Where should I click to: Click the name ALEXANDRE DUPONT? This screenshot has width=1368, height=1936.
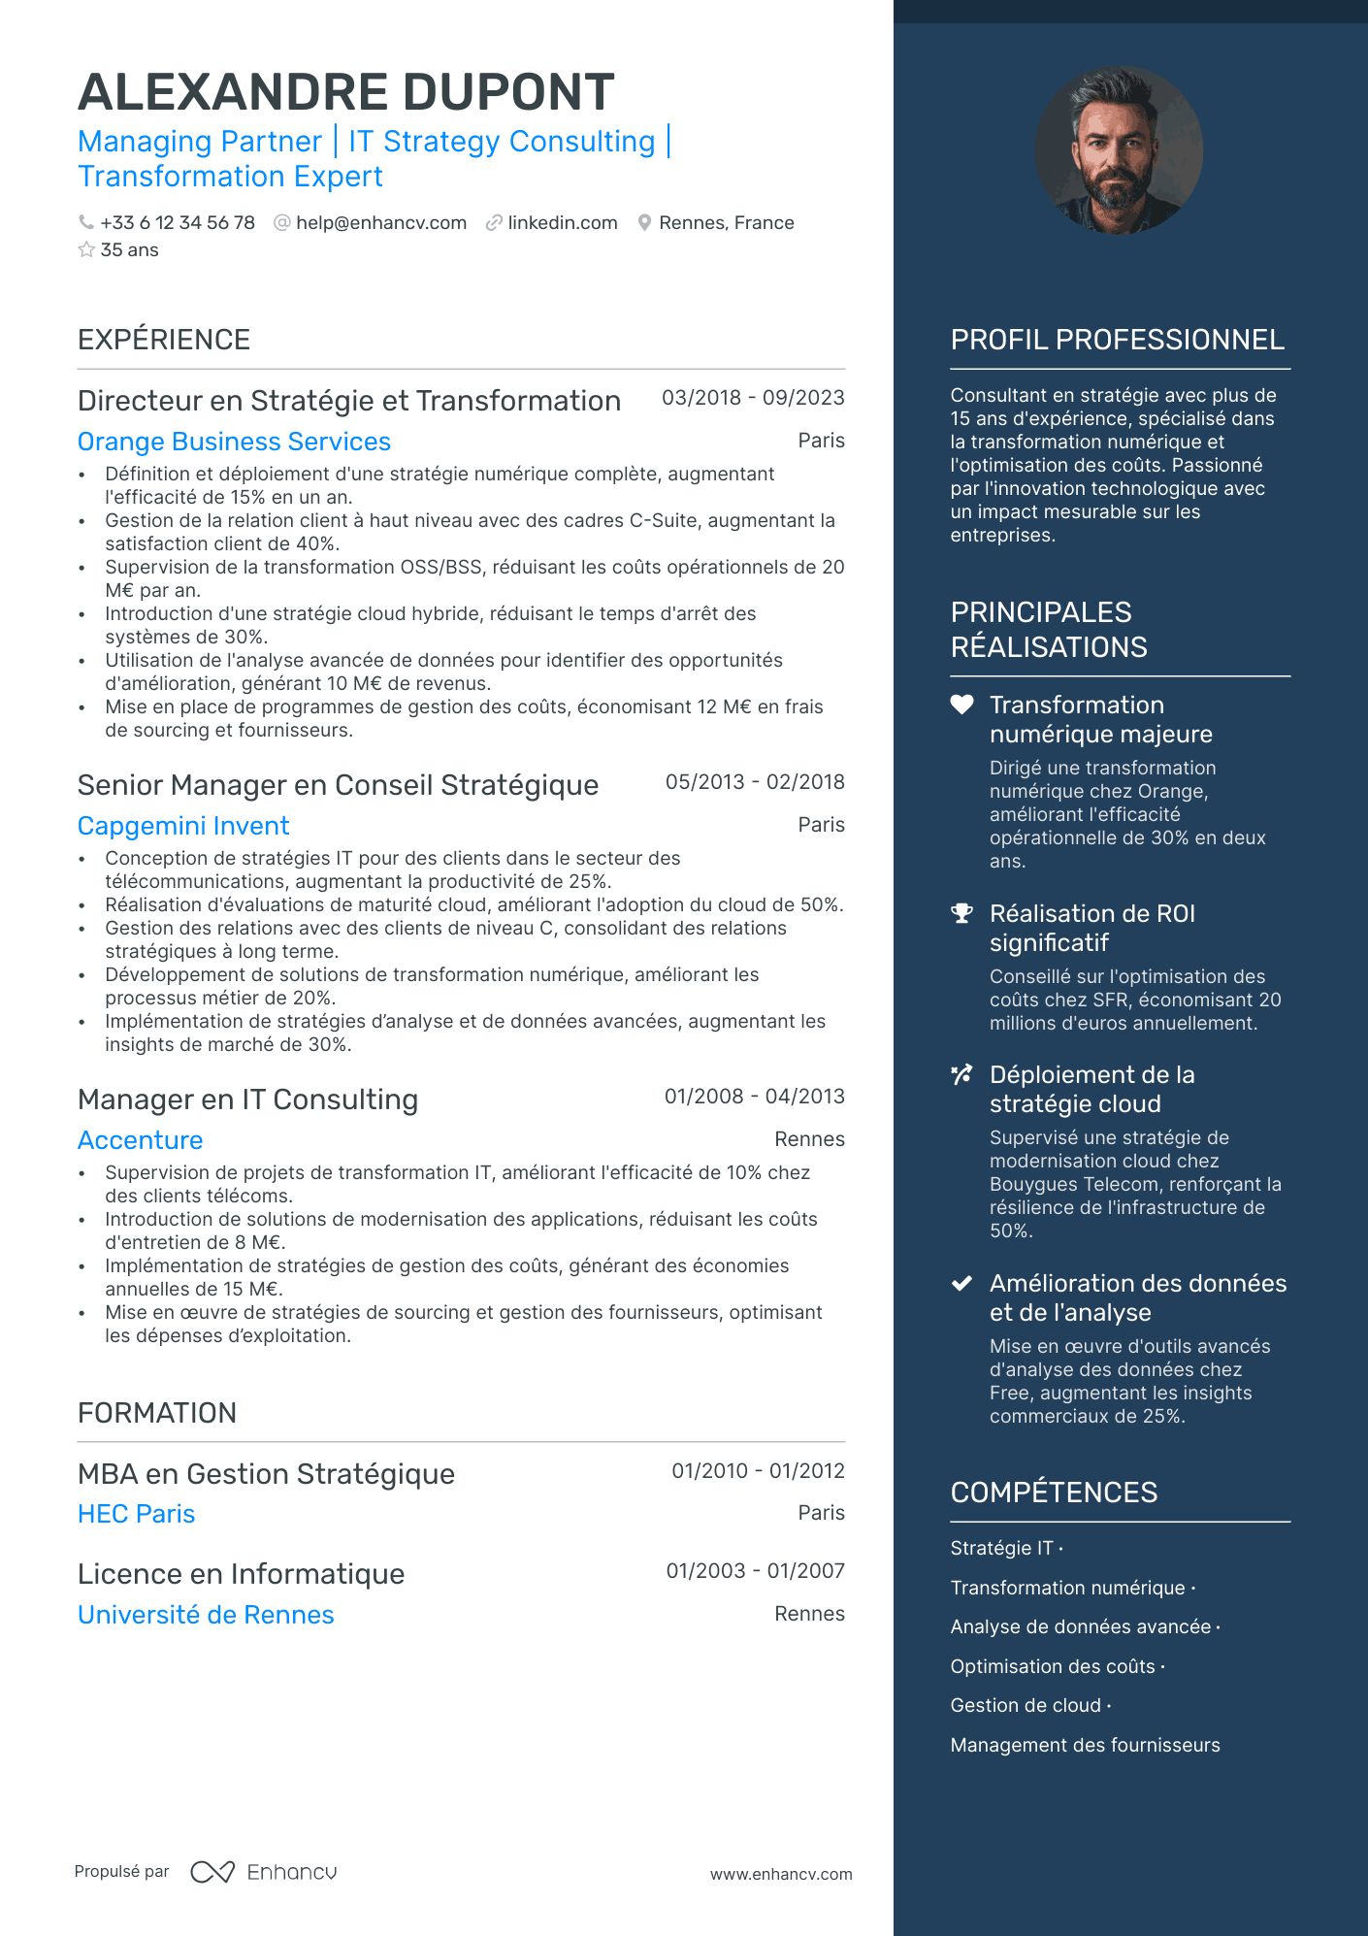(345, 92)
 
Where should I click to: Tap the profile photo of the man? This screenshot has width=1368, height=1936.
(1119, 150)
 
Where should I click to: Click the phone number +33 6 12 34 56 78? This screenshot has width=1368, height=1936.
(177, 223)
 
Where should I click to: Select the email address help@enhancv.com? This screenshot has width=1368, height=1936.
(380, 223)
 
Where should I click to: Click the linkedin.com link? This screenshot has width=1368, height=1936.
(562, 223)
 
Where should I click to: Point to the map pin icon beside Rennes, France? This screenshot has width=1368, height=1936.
(644, 223)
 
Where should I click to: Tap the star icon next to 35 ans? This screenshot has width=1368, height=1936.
(86, 250)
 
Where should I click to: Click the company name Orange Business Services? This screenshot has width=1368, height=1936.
(234, 442)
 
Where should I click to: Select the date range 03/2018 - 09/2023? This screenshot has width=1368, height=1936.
(753, 398)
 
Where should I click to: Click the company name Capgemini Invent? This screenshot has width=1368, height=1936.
(183, 826)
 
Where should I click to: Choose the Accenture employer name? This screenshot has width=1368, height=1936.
(141, 1140)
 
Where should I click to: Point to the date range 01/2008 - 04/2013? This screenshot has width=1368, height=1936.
(754, 1097)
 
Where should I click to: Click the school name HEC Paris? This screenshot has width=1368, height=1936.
(137, 1514)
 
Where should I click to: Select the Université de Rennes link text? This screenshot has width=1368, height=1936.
(206, 1615)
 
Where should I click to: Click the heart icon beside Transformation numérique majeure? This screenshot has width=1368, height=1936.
(961, 705)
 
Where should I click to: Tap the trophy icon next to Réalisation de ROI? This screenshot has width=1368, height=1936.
(961, 913)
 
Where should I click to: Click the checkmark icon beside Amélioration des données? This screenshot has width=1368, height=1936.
(961, 1283)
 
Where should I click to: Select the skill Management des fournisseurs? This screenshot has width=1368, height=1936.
(1085, 1745)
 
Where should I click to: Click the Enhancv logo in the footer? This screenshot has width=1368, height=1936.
(264, 1872)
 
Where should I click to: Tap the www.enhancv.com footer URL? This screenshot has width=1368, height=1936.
(781, 1874)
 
